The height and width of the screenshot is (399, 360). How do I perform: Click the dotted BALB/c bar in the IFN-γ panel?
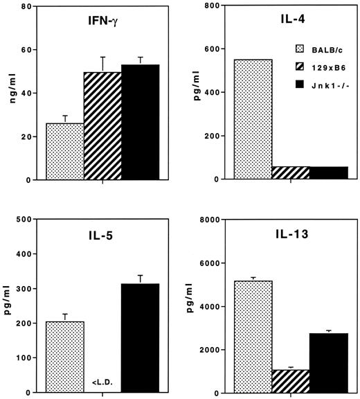[64, 152]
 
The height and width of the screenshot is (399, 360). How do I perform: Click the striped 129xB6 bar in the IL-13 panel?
[290, 381]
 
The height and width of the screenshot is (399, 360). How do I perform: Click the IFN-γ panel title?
[102, 31]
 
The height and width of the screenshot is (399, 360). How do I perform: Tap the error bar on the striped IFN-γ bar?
[102, 64]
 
